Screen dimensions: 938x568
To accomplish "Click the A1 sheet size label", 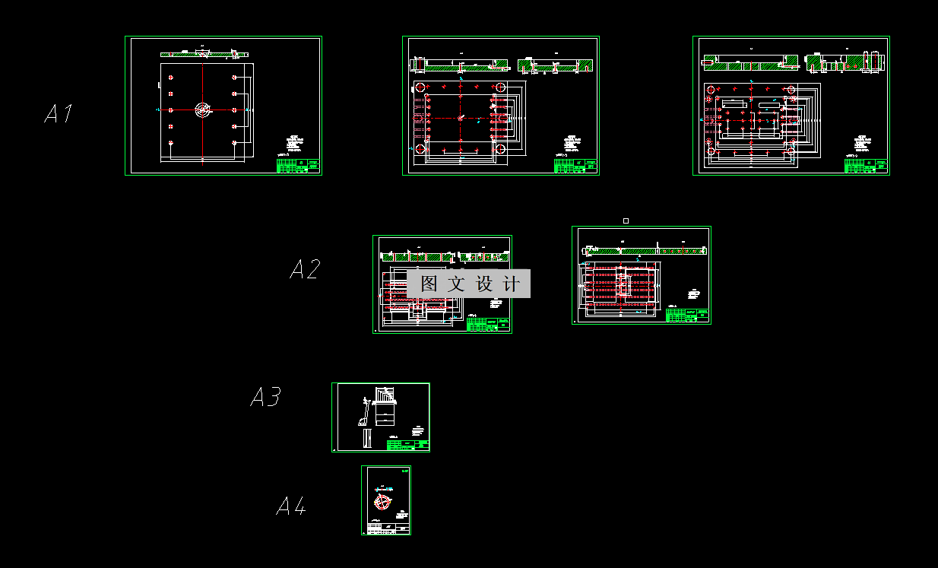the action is coord(59,114).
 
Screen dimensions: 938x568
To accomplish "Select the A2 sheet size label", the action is coord(305,269).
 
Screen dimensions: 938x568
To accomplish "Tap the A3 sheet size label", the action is coord(265,397).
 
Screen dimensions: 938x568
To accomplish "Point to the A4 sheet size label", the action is coord(291,506).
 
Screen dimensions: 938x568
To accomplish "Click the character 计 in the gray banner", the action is coord(512,284).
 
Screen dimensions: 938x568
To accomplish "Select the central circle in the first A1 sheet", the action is coord(202,110).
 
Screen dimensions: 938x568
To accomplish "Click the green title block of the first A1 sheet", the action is coord(298,166).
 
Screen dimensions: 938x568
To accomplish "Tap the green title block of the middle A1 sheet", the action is coord(575,166).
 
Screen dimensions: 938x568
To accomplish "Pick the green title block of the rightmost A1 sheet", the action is coord(866,166).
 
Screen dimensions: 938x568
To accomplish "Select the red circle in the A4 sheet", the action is coord(382,502).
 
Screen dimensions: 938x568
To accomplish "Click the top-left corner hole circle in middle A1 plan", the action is coord(419,87).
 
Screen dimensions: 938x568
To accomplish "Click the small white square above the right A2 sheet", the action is coord(626,221).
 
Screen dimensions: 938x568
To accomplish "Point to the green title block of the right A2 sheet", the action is coord(687,316).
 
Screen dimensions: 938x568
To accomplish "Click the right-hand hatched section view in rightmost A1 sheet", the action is coord(845,63).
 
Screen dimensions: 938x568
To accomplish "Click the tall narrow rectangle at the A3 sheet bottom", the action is coord(368,439).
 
